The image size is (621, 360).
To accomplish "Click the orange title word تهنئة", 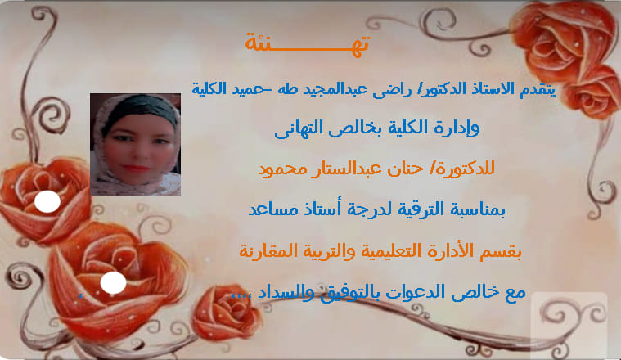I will tap(308, 42).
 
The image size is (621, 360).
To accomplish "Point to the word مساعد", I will tap(276, 209).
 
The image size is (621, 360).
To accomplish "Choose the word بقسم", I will tap(505, 250).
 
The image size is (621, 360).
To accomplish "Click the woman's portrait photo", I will tap(135, 144).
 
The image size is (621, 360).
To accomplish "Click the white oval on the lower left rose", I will tap(113, 284).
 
